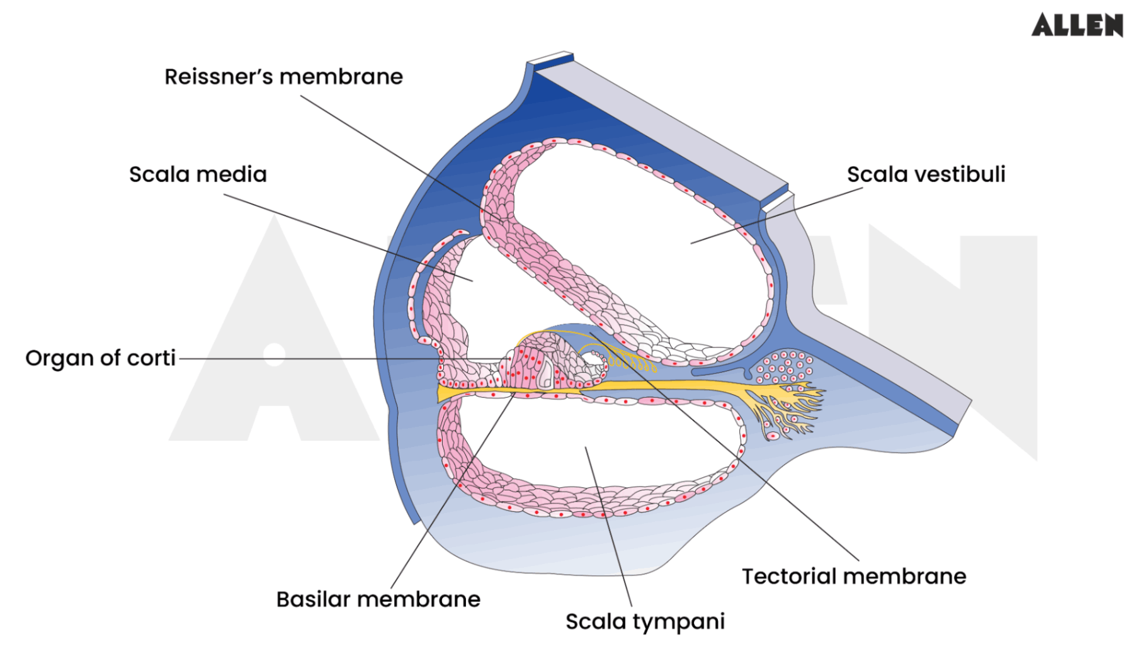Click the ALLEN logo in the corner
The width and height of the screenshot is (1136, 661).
[x=1077, y=25]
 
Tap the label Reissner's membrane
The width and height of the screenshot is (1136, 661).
[x=283, y=77]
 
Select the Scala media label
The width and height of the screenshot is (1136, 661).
[x=198, y=174]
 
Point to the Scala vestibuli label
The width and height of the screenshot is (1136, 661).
[x=926, y=174]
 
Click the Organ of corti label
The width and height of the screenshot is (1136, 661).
[x=100, y=358]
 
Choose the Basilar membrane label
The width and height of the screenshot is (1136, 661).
[x=378, y=599]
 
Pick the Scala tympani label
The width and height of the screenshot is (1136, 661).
[x=645, y=622]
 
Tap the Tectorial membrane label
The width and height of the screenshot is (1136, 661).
[x=853, y=577]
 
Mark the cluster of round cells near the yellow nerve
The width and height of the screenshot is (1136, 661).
[x=785, y=367]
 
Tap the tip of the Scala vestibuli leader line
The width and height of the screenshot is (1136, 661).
[x=691, y=243]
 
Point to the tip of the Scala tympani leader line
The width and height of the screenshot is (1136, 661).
[x=586, y=448]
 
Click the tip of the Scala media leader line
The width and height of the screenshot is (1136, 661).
[x=472, y=281]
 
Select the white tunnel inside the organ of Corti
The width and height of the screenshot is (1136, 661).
[x=545, y=376]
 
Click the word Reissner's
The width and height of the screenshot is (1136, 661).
[x=218, y=77]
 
